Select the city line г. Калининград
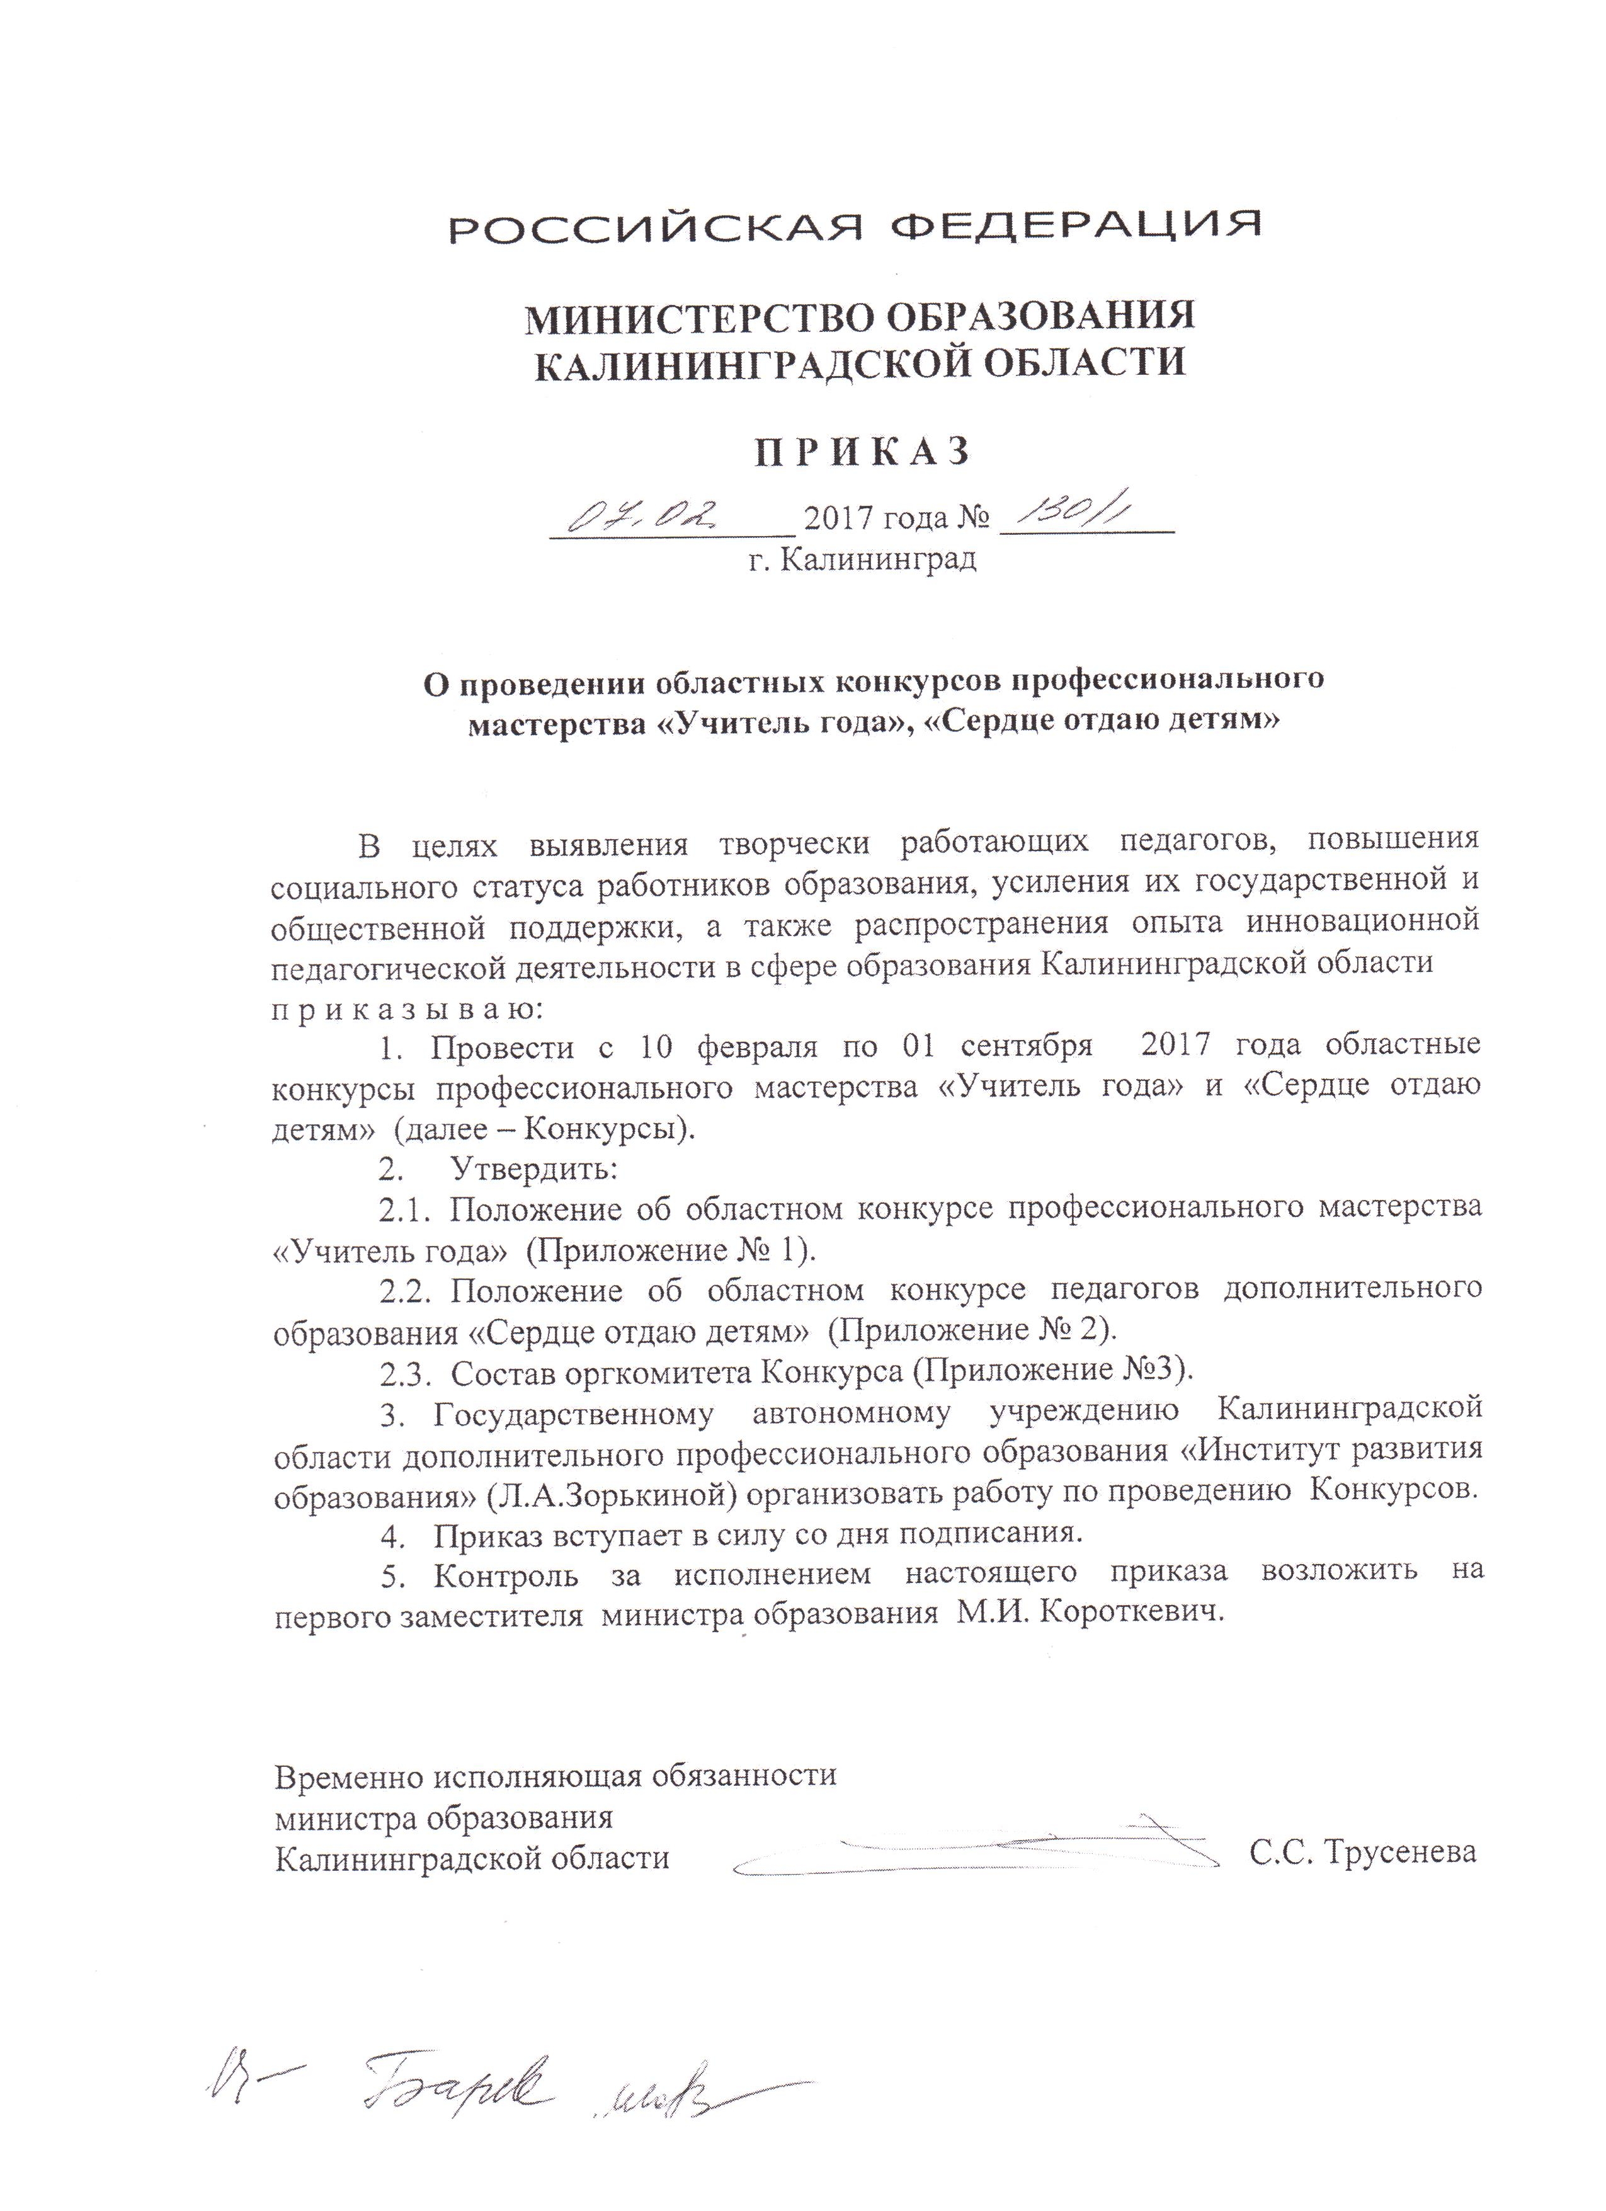pyautogui.click(x=862, y=559)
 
